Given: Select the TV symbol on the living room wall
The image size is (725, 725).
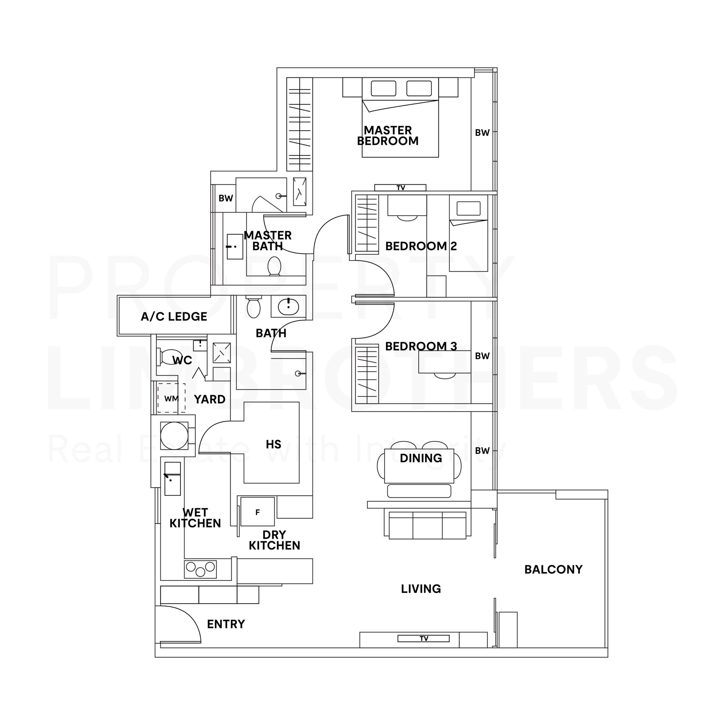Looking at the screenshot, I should tap(423, 638).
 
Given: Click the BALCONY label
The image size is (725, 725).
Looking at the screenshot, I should tap(553, 569).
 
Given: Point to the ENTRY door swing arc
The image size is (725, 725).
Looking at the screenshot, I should tap(188, 615).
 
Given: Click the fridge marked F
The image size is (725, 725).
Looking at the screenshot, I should tap(257, 512).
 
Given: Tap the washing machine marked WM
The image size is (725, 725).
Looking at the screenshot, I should tap(171, 398).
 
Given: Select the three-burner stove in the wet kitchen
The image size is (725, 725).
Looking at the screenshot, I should tap(201, 569).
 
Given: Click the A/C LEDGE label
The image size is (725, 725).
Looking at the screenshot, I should tap(174, 316).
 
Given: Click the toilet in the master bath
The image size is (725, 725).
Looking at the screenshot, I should tap(274, 266).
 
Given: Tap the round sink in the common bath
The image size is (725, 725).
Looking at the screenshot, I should tap(288, 307).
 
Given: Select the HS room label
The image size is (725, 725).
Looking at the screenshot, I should tap(273, 444).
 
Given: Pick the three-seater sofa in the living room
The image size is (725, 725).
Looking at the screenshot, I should tap(427, 525).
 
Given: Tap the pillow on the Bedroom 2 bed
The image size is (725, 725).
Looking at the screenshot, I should tap(468, 208).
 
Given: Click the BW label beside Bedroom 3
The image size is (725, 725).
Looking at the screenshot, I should tap(482, 356).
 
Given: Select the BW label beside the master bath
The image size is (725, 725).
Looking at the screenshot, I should tap(226, 198).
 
